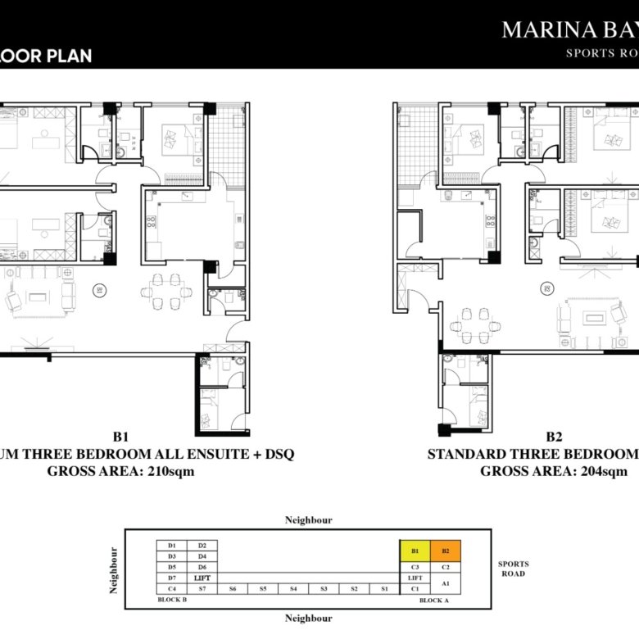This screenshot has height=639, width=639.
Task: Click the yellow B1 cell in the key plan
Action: coord(415,551)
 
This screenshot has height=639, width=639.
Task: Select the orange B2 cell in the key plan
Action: coord(446,551)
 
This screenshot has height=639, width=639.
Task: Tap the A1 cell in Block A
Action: coord(446,583)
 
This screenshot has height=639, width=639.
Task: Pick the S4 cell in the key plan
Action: coord(293,589)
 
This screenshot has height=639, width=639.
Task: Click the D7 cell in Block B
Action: coord(172,578)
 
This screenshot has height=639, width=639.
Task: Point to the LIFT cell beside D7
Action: coord(202,578)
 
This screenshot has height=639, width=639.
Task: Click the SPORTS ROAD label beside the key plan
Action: coord(513,569)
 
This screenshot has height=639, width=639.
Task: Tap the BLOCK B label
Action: coord(173,600)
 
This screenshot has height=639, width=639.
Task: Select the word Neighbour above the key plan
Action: coord(308,520)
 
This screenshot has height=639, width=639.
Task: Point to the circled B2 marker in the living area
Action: coord(545,288)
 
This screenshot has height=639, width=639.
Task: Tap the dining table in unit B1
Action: coord(167,290)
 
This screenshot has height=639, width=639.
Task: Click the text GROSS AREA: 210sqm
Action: coord(120,471)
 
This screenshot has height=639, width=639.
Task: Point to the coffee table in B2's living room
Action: coord(597,316)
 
